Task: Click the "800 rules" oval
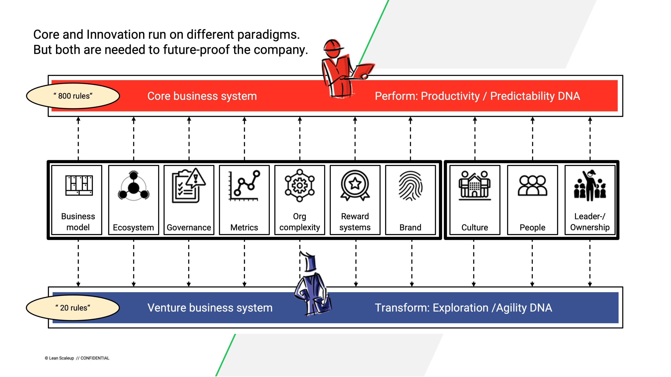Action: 73,96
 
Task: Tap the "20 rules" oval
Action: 73,308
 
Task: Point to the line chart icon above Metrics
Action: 244,186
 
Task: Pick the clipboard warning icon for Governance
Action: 189,185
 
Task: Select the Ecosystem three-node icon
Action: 134,186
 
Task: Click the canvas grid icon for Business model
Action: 79,186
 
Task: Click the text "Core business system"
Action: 202,96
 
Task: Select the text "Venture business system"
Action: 210,308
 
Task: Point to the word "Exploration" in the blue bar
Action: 461,308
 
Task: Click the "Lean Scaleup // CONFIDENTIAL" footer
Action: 77,358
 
